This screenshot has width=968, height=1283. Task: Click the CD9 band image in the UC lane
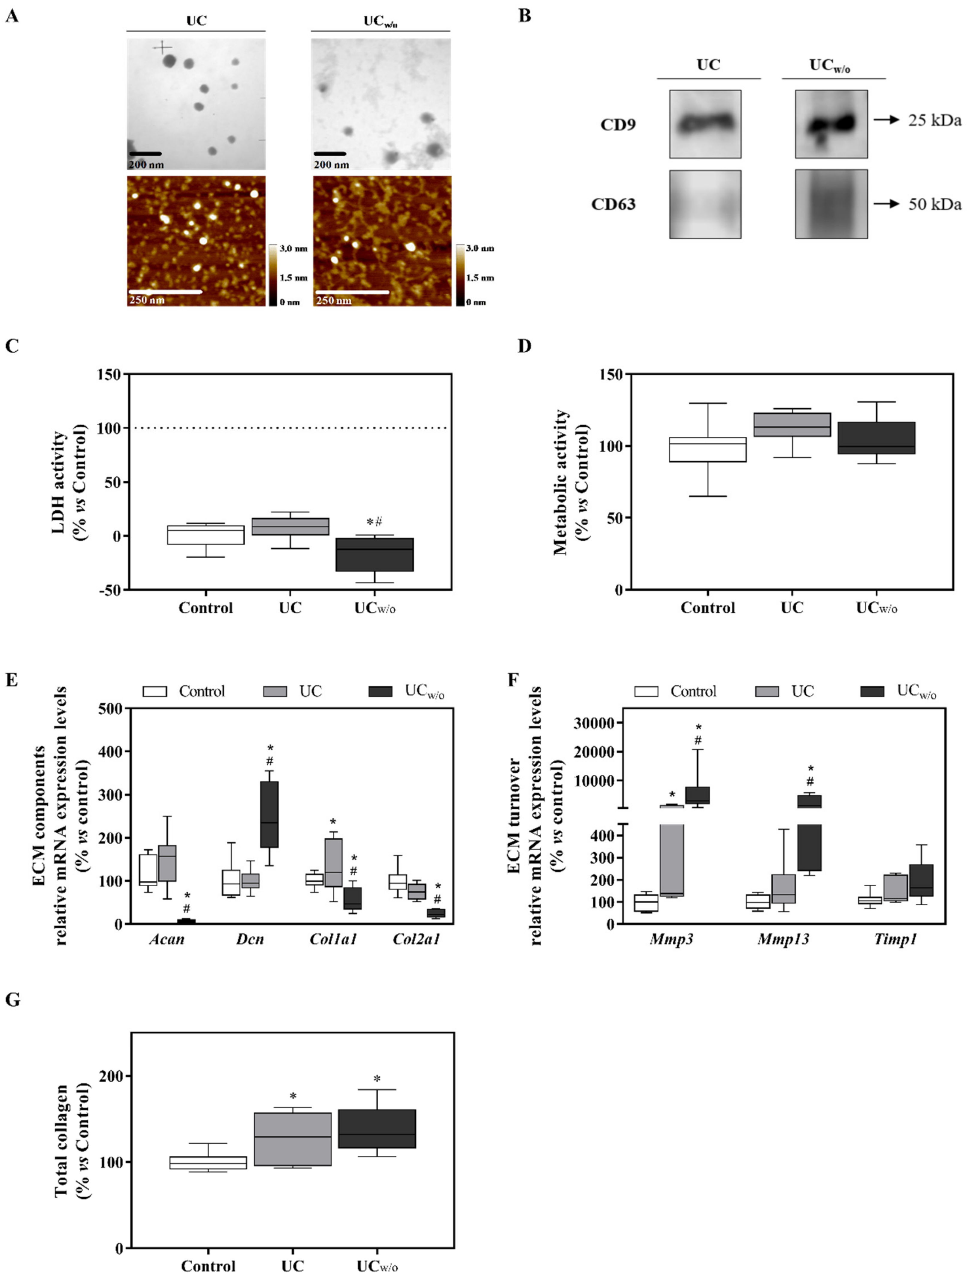click(705, 124)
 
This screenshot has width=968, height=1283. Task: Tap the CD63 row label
click(613, 204)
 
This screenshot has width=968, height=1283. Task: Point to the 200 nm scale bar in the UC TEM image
click(145, 154)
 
